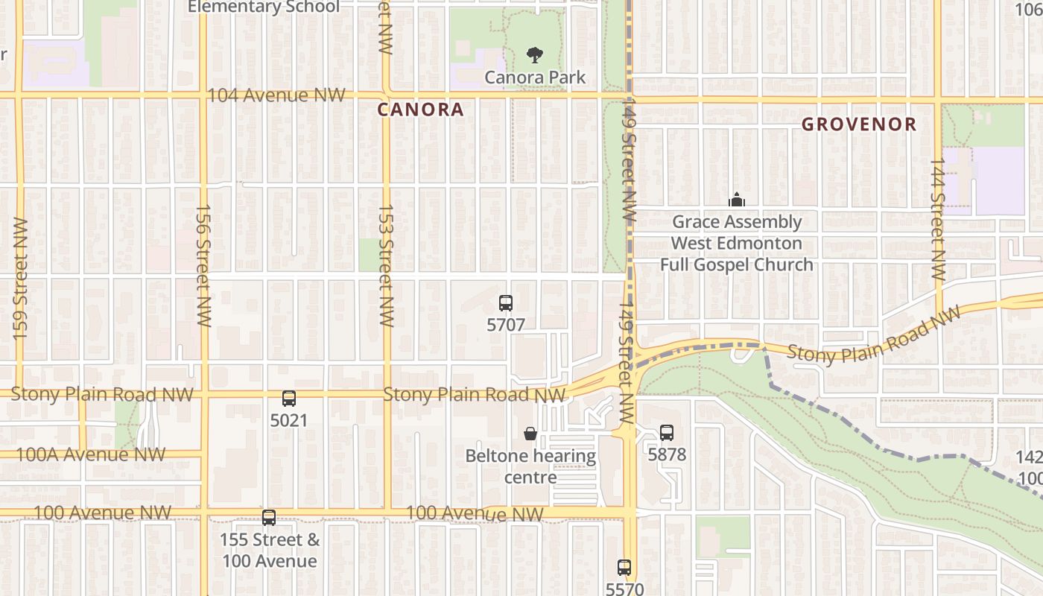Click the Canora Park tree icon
(x=533, y=54)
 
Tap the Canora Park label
(x=535, y=77)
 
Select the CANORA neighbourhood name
(x=420, y=110)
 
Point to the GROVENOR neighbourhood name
(x=858, y=124)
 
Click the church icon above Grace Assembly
(x=736, y=200)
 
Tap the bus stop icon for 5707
(x=506, y=302)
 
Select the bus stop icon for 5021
(x=289, y=399)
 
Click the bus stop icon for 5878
(x=667, y=432)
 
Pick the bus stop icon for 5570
(x=624, y=568)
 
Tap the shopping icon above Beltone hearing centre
(x=530, y=433)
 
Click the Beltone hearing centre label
(x=530, y=466)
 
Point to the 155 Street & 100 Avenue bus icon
(x=269, y=517)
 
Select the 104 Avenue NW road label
(x=276, y=95)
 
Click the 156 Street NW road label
(x=203, y=265)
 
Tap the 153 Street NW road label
(x=386, y=265)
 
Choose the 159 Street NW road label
(x=20, y=279)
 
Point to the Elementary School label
(x=263, y=7)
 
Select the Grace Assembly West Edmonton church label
(x=736, y=243)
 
